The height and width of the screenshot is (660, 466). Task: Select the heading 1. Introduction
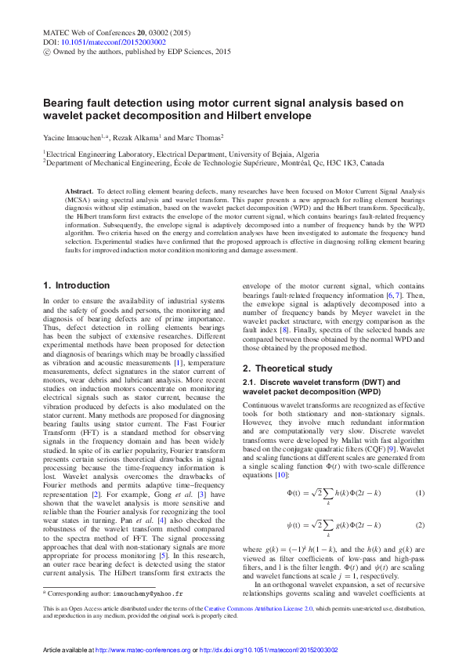(77, 285)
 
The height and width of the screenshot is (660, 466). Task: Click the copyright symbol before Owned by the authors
(45, 52)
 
